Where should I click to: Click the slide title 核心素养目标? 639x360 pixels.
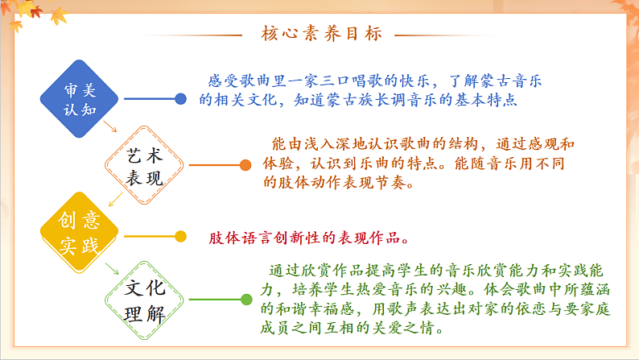(x=320, y=35)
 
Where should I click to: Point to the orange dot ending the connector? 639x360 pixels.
(x=245, y=166)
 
